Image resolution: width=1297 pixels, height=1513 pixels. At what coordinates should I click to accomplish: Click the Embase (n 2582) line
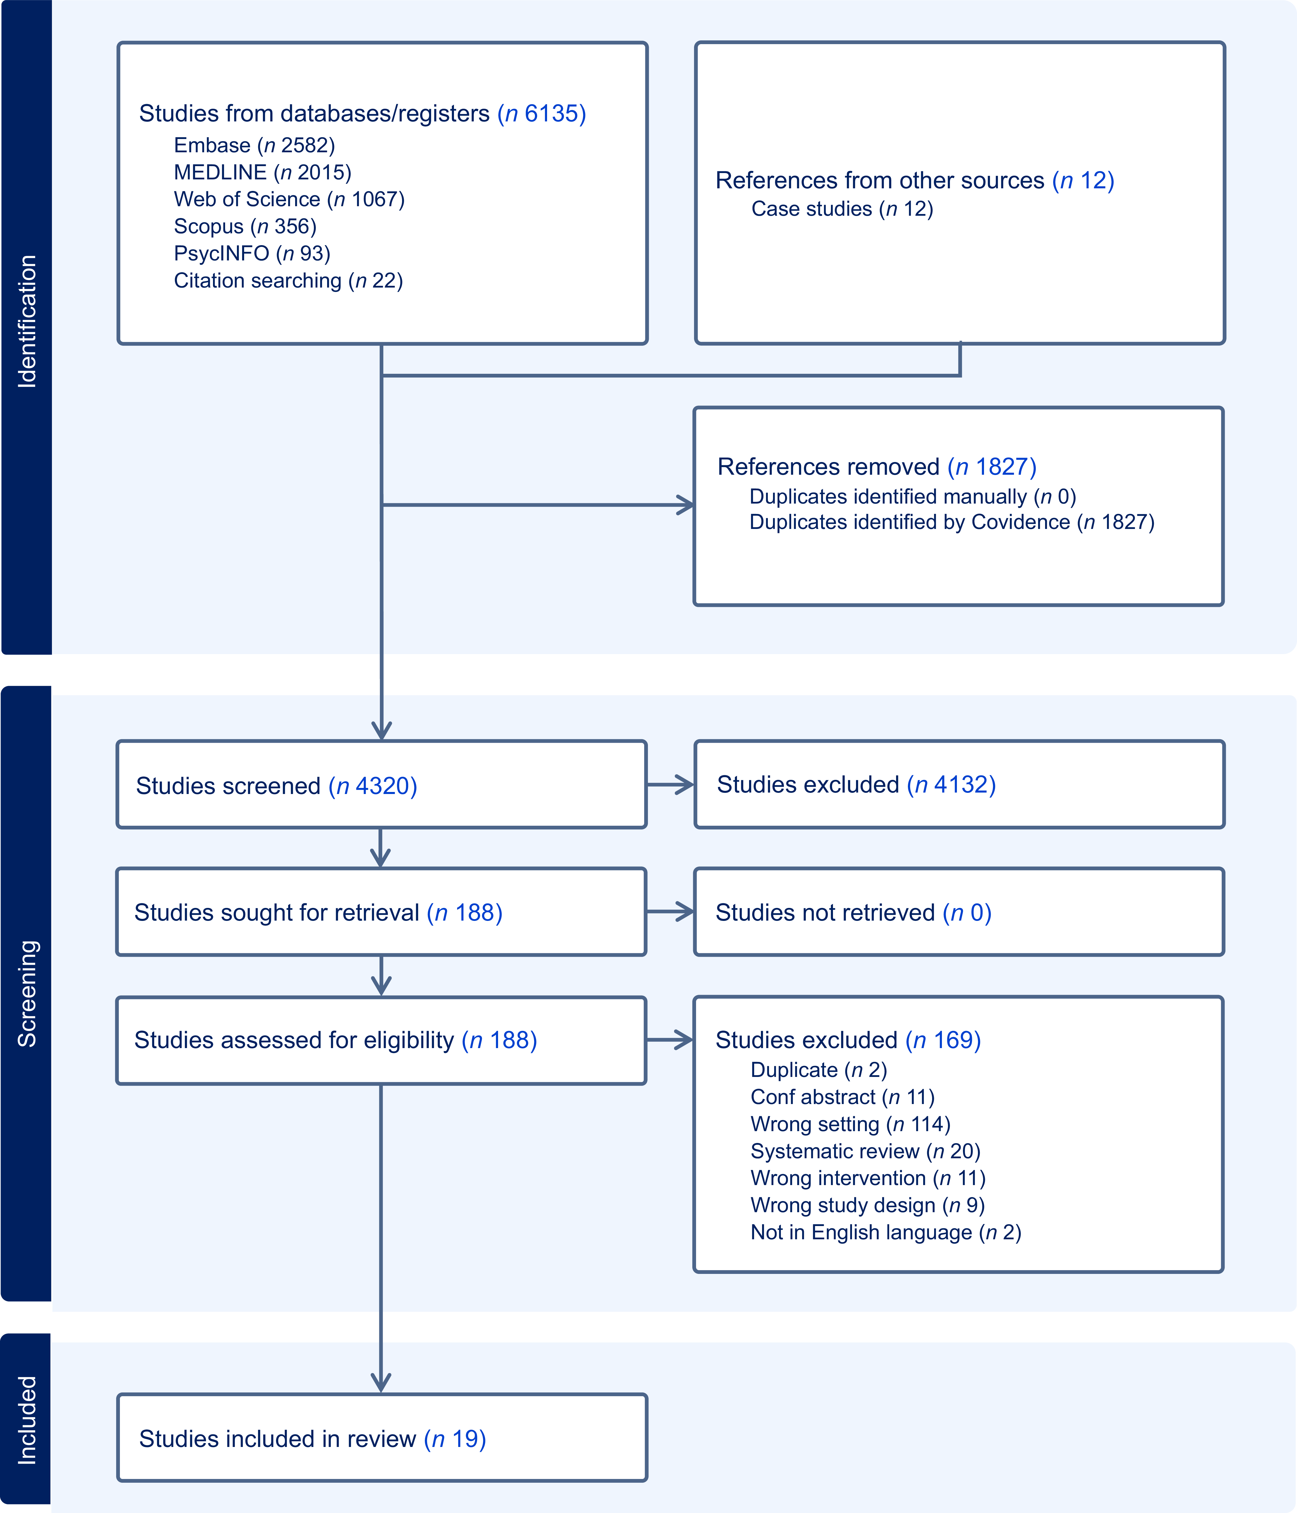coord(254,145)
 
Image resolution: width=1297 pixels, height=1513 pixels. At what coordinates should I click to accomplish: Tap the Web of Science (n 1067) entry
coord(289,199)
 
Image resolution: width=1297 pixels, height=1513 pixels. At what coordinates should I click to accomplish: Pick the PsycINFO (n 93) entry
coord(252,254)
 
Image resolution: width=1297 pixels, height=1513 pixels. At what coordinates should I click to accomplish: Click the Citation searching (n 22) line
coord(288,280)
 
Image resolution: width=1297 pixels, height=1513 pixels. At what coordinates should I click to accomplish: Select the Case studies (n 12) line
coord(842,209)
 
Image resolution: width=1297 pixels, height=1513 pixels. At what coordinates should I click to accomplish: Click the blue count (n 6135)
coord(542,114)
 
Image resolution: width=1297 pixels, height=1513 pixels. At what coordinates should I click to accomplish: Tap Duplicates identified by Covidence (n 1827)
coord(952,522)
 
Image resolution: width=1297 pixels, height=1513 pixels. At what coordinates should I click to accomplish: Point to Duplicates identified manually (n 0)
coord(912,497)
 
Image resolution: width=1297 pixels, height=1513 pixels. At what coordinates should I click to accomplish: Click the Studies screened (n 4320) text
coord(277,786)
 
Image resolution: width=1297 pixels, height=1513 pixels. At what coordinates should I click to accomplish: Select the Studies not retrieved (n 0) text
coord(853,913)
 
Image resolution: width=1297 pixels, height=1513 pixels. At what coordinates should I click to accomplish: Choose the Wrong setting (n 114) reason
coord(850,1124)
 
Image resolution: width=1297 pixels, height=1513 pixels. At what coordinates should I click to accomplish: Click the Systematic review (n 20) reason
coord(866,1151)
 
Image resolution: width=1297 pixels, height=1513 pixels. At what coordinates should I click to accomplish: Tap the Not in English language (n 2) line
coord(886,1232)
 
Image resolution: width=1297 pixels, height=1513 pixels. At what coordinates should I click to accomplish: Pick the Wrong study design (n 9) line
coord(868,1205)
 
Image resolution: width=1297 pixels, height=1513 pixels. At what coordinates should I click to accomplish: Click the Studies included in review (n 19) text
coord(312,1439)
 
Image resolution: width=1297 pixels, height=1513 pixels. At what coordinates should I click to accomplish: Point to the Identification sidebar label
coord(27,321)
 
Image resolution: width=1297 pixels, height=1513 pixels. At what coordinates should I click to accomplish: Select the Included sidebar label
coord(27,1420)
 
